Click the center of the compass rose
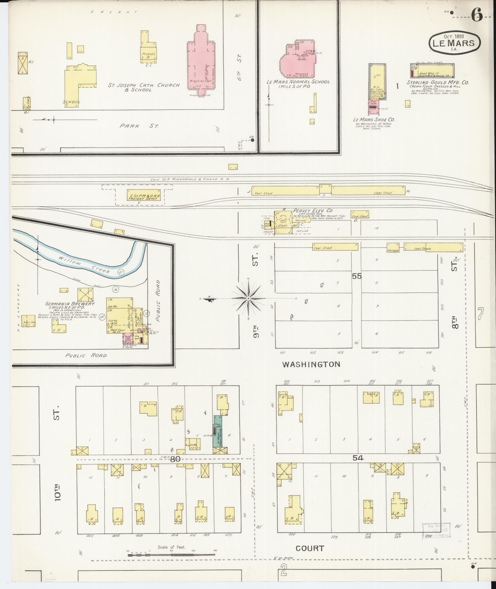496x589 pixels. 248,298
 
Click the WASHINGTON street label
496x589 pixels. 311,365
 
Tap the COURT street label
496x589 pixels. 310,548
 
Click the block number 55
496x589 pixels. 357,276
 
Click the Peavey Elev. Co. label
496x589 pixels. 313,211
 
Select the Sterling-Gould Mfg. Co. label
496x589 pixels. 438,83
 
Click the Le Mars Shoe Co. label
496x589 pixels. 374,119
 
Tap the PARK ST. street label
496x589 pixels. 139,126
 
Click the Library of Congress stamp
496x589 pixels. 436,530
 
